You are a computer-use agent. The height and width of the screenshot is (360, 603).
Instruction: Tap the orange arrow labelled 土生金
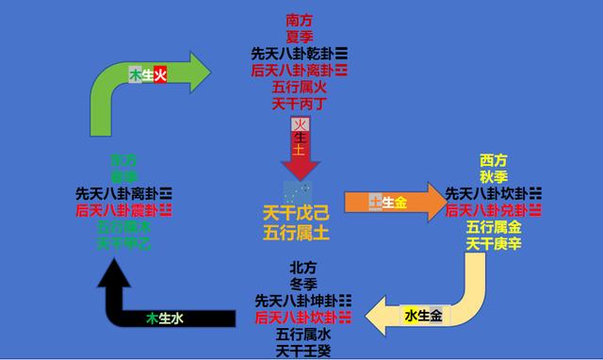click(x=391, y=202)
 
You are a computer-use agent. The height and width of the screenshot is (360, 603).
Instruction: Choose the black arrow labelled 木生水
click(x=160, y=319)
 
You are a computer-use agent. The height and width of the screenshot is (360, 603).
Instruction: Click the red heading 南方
click(x=300, y=19)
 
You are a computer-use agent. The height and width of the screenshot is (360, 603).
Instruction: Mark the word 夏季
click(x=300, y=36)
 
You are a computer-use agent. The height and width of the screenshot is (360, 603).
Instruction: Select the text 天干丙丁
click(x=300, y=104)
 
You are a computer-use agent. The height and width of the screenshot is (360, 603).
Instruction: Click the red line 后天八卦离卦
click(x=300, y=70)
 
